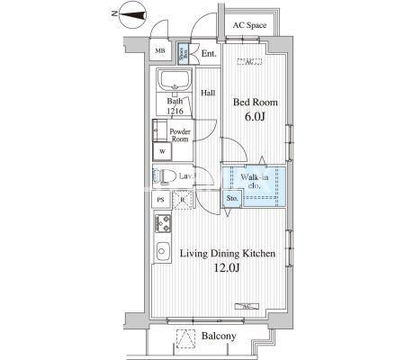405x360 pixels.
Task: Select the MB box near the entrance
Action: pos(160,51)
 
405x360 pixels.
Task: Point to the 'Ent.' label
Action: pos(209,54)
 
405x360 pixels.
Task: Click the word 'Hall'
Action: pos(207,93)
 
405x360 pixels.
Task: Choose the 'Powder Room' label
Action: pos(181,135)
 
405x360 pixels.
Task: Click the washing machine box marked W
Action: pos(162,151)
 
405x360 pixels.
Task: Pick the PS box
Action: pos(161,200)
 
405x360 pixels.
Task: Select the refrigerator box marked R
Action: pos(181,200)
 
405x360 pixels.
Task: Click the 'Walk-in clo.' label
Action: pos(256,183)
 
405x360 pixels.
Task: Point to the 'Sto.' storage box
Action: pos(231,197)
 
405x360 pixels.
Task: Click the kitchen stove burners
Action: pos(164,222)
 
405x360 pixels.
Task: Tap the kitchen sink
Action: pos(164,250)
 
